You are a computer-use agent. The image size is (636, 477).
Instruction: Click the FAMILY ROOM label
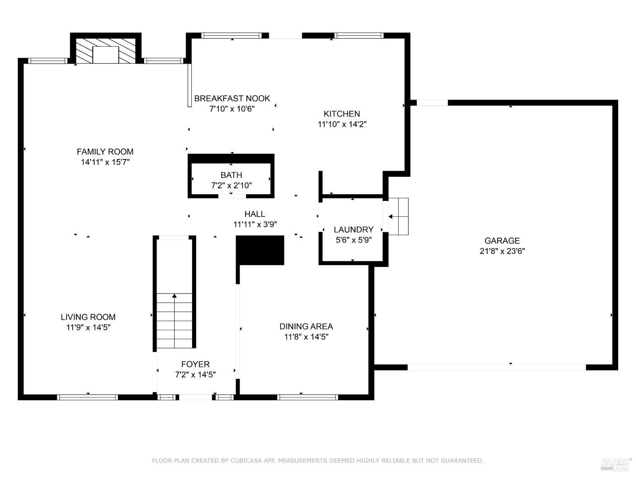(105, 152)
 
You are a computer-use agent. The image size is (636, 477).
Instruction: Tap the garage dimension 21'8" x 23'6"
(502, 251)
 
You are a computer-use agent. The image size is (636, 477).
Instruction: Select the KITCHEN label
(342, 114)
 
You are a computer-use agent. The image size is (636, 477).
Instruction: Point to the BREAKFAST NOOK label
(232, 98)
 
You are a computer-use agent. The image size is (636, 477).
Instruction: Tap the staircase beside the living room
(174, 321)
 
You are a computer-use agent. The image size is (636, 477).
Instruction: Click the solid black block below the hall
(260, 250)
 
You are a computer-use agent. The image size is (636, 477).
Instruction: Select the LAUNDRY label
(353, 229)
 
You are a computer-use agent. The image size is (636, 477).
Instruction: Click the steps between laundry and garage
(399, 216)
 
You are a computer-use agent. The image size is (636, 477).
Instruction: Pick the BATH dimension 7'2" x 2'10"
(231, 185)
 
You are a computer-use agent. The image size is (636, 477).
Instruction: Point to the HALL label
(255, 214)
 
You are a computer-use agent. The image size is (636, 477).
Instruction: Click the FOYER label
(195, 364)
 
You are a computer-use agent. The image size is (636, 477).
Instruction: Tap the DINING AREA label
(306, 326)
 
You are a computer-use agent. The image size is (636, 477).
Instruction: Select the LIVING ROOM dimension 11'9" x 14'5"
(88, 327)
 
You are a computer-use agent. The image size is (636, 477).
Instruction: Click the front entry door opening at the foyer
(195, 397)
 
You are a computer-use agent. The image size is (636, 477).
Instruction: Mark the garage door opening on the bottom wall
(497, 367)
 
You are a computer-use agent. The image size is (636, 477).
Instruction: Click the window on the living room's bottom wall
(87, 397)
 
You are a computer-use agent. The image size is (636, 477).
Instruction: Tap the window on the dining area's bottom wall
(307, 397)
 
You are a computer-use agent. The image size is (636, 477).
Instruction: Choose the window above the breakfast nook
(232, 36)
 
